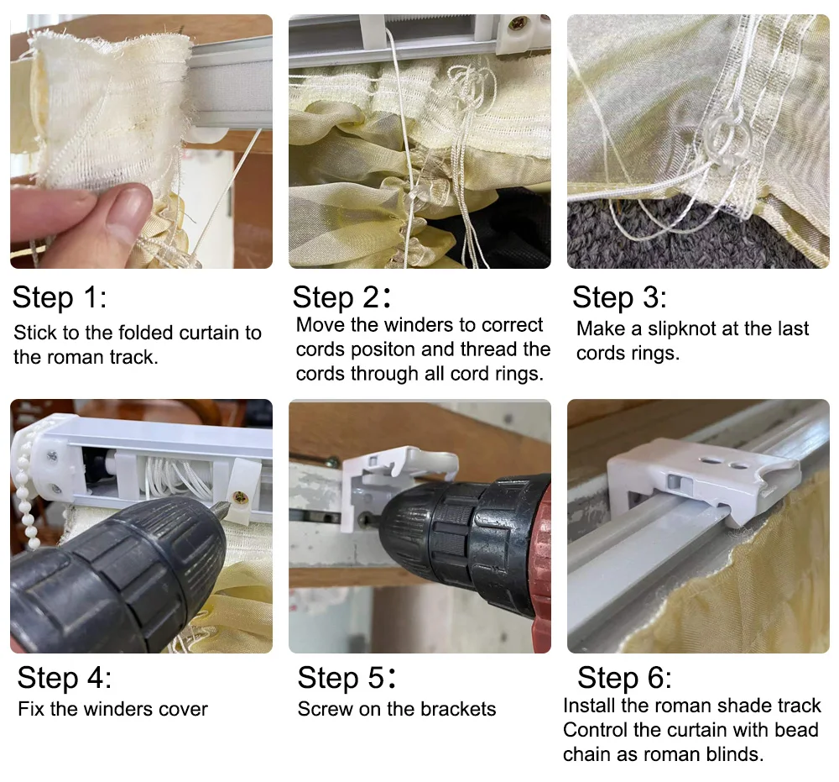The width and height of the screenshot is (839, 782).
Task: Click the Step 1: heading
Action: pyautogui.click(x=60, y=297)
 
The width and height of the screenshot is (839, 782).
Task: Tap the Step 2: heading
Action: pyautogui.click(x=341, y=297)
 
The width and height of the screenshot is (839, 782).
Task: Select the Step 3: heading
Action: pyautogui.click(x=620, y=297)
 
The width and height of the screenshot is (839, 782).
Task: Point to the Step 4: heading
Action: pyautogui.click(x=65, y=678)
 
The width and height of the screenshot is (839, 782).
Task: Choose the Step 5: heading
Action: pyautogui.click(x=347, y=678)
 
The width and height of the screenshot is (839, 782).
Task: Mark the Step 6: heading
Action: pyautogui.click(x=624, y=678)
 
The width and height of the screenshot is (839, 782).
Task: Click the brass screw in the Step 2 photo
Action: pyautogui.click(x=518, y=23)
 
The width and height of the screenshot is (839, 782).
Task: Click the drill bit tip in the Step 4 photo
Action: pyautogui.click(x=225, y=506)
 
